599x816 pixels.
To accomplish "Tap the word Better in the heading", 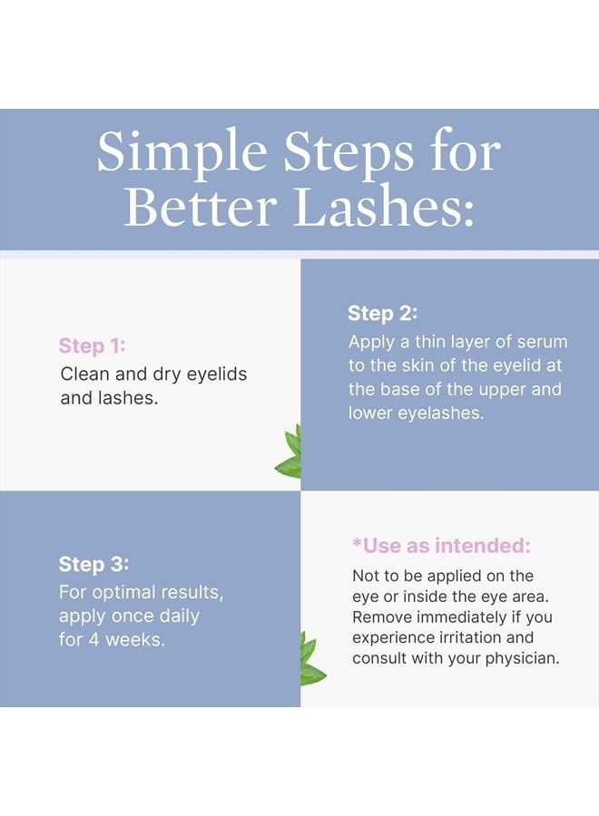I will [x=201, y=207].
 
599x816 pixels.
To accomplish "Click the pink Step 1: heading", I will [x=92, y=345].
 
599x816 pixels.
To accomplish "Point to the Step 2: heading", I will [x=382, y=314].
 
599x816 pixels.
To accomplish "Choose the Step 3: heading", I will [x=93, y=564].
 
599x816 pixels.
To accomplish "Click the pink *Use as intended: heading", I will [x=441, y=546].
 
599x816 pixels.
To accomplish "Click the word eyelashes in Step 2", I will [x=441, y=413].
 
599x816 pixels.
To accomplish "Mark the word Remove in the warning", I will [x=380, y=617].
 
